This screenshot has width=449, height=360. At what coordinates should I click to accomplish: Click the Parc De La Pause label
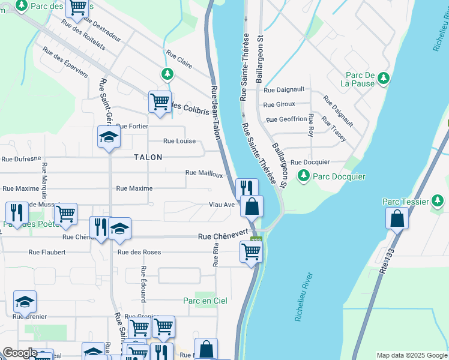click(x=360, y=79)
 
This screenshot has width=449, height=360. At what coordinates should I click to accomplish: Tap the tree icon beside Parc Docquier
click(x=304, y=175)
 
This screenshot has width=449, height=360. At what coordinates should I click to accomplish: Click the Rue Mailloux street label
click(x=204, y=173)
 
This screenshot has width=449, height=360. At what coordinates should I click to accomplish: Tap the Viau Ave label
click(x=221, y=205)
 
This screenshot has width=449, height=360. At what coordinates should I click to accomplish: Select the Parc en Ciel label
click(x=205, y=301)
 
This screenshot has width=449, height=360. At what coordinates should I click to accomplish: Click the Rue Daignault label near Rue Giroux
click(x=284, y=90)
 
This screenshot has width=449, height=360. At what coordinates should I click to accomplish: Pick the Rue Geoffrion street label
click(x=286, y=119)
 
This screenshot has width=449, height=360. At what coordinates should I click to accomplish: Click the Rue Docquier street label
click(x=310, y=162)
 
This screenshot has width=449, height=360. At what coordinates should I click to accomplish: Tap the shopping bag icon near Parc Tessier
click(x=397, y=219)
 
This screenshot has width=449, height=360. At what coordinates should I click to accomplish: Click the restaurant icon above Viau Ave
click(x=247, y=188)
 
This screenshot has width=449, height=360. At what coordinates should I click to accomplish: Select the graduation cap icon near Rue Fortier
click(x=109, y=137)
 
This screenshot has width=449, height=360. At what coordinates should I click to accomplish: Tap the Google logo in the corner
click(x=20, y=353)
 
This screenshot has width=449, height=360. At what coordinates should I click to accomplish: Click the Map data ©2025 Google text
click(x=411, y=355)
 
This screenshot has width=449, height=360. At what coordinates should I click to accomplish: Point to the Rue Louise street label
click(x=179, y=141)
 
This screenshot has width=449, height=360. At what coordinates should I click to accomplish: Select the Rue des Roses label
click(x=139, y=252)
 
